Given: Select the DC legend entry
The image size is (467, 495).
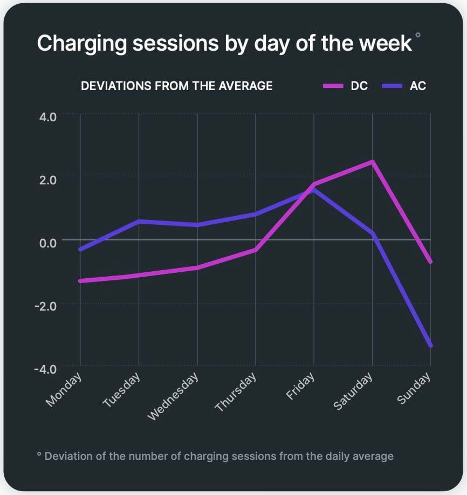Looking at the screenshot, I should point(359,86).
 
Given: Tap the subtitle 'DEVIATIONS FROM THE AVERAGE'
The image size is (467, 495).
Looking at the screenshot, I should point(176,86).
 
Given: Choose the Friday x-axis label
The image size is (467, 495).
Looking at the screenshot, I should point(300,387).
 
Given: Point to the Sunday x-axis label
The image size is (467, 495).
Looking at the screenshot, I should point(414,388).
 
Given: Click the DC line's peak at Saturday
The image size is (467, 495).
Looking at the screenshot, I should point(372,161).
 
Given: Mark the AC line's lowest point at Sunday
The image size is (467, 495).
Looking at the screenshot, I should point(430,345).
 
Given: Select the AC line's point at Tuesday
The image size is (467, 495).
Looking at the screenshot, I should point(139,221).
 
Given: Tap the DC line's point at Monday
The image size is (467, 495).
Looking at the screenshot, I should point(80,281).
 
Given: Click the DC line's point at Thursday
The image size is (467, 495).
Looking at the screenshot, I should point(255,250).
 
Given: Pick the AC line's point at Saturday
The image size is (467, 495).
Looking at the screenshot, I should point(372,233).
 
